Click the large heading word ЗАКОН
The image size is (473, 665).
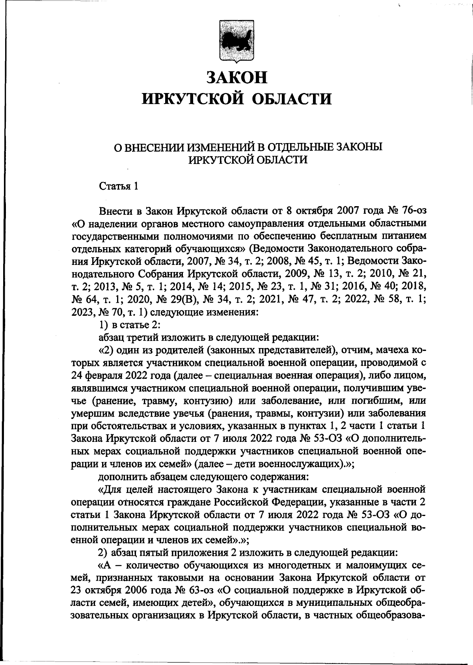[x=237, y=77]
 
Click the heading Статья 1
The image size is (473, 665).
[x=118, y=186]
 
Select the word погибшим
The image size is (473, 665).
[x=377, y=400]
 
